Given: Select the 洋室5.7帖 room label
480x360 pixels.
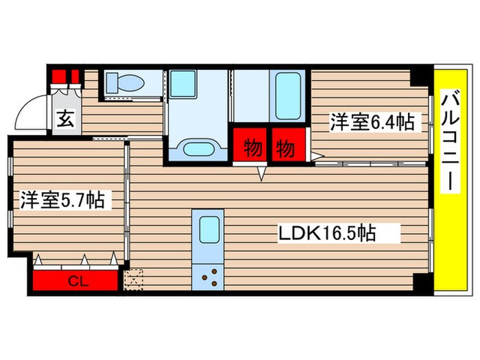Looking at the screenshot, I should [62, 200].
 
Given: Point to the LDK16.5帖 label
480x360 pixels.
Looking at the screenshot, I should [326, 233].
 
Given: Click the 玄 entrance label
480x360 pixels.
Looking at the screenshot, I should [64, 119].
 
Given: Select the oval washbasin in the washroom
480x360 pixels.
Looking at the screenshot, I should [199, 149].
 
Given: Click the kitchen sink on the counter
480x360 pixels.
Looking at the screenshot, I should [208, 231].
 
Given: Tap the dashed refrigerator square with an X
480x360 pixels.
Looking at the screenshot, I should [134, 278].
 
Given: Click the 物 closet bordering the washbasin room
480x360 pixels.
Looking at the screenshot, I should [250, 145].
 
